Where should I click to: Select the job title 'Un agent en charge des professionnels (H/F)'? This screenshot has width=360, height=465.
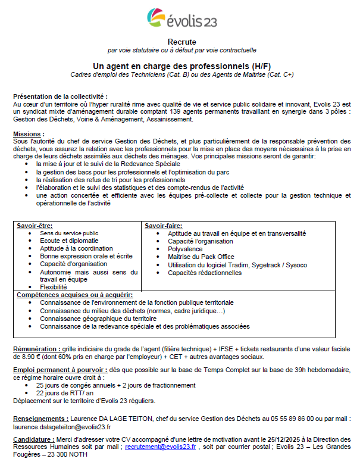(180, 65)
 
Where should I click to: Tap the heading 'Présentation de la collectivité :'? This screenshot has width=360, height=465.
(60, 96)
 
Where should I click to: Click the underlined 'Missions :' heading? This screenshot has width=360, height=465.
(29, 134)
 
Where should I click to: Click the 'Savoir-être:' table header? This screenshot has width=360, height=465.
(35, 226)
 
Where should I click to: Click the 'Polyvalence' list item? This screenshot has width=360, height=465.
(186, 249)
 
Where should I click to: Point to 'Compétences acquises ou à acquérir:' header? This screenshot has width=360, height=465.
(74, 295)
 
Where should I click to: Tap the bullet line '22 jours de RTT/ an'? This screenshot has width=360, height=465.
(64, 393)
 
